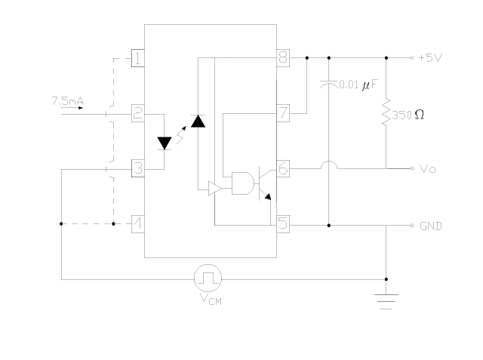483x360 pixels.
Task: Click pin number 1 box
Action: tap(138, 57)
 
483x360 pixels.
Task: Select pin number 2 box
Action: tap(138, 113)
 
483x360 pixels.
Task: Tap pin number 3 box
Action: tap(138, 168)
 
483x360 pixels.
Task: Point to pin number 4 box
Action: tap(138, 224)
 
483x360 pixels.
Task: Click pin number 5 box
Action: tap(283, 224)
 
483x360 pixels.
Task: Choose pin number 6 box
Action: tap(283, 168)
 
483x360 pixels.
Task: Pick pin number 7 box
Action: tap(283, 113)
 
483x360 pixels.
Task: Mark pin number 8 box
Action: tap(283, 57)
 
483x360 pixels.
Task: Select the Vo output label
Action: tap(427, 169)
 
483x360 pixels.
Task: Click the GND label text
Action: tap(431, 226)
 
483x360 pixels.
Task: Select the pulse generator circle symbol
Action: tap(207, 278)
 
